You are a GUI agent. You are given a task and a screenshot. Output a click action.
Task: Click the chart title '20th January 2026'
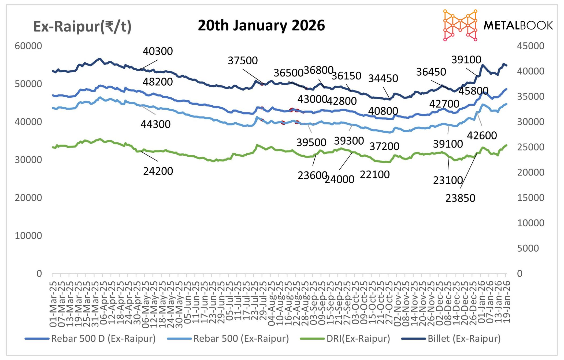click(261, 25)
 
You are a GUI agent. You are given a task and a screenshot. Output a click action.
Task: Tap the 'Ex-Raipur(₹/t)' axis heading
click(82, 27)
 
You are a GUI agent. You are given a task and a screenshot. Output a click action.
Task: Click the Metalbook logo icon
click(460, 25)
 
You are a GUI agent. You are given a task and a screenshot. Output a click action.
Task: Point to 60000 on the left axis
click(28, 46)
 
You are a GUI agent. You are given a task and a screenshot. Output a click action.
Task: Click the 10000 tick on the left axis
click(28, 236)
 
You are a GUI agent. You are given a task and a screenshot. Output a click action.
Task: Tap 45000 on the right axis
click(530, 46)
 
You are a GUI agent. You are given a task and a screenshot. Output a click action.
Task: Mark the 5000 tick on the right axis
click(528, 248)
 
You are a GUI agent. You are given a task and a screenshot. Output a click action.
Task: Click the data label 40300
click(158, 51)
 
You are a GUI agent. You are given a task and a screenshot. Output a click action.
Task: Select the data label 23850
click(460, 198)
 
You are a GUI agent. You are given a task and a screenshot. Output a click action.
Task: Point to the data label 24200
click(158, 171)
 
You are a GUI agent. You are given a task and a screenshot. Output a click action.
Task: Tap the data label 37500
click(243, 61)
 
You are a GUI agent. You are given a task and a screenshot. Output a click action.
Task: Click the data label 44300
click(155, 124)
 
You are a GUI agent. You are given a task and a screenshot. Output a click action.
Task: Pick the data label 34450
click(383, 78)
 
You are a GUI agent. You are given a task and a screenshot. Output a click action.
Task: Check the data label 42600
click(482, 135)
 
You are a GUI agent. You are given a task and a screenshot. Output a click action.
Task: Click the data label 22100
click(374, 175)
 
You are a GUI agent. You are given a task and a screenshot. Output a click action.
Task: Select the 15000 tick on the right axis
click(530, 198)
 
